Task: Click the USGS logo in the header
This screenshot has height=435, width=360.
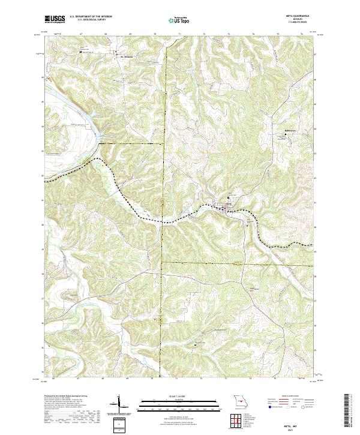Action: tap(55, 19)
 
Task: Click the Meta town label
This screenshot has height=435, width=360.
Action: tap(229, 205)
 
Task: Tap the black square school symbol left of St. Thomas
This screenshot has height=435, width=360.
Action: tap(82, 52)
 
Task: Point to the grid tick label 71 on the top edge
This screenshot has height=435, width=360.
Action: tap(179, 35)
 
